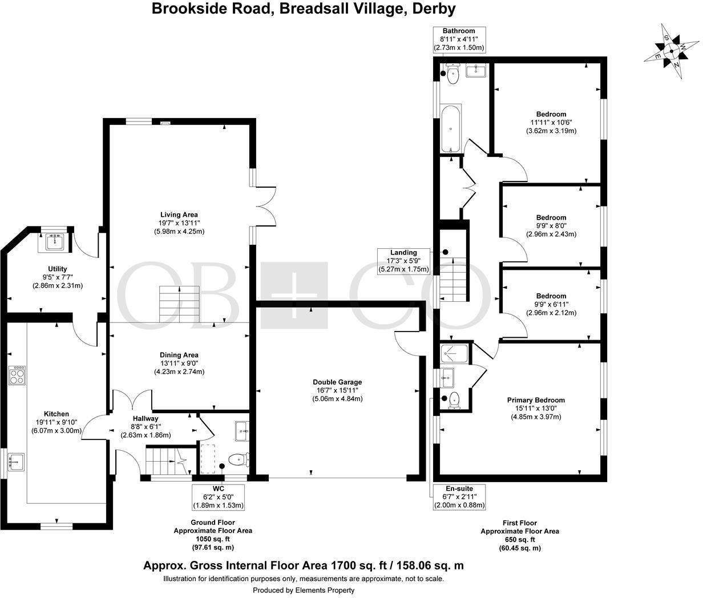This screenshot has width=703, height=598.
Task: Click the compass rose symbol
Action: pyautogui.click(x=672, y=52)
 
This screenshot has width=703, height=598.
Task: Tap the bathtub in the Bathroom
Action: pyautogui.click(x=451, y=129)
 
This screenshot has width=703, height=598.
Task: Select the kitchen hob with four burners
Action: pyautogui.click(x=18, y=377)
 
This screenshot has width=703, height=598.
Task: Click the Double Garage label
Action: pyautogui.click(x=337, y=382)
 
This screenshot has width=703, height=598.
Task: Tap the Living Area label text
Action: pyautogui.click(x=179, y=215)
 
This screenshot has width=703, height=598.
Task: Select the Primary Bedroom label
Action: pyautogui.click(x=535, y=400)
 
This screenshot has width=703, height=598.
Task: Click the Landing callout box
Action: pyautogui.click(x=403, y=261)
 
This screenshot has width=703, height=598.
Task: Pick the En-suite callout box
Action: pyautogui.click(x=459, y=497)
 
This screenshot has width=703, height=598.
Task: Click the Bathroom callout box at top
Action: pyautogui.click(x=459, y=39)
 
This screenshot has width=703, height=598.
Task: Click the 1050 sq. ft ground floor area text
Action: pyautogui.click(x=212, y=539)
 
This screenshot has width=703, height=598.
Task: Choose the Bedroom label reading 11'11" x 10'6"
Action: pyautogui.click(x=551, y=122)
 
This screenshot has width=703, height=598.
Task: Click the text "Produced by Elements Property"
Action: pyautogui.click(x=304, y=590)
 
